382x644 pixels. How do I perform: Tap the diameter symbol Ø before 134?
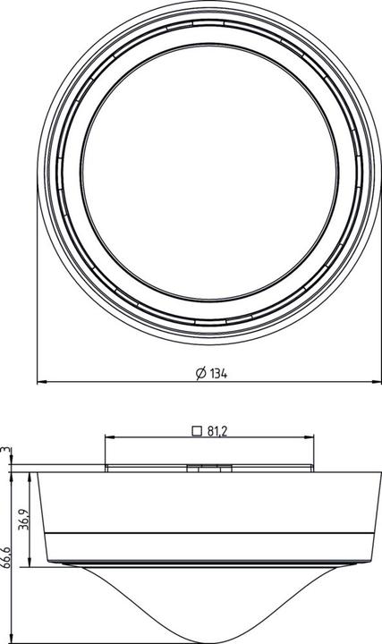(x=201, y=374)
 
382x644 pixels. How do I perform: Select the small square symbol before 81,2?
(x=196, y=430)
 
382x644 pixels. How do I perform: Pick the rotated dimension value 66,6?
(x=6, y=559)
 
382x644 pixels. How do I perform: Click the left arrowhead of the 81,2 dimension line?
(x=108, y=438)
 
